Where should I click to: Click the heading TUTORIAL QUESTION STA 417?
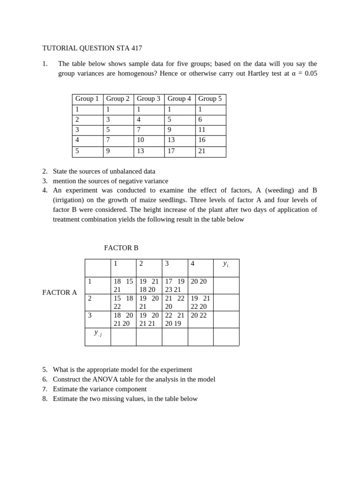pos(92,48)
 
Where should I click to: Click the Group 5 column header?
pos(210,99)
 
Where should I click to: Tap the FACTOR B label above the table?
pos(121,248)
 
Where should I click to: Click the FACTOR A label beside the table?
pos(60,292)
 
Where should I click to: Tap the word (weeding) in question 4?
pos(280,190)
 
